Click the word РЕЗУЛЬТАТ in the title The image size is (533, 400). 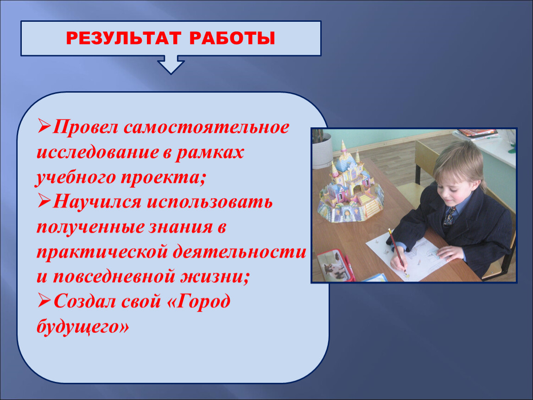coord(124,38)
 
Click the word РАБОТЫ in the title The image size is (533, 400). coord(232,38)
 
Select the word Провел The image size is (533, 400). coord(85,128)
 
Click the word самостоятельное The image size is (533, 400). coord(206,128)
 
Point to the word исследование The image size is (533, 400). coord(97,152)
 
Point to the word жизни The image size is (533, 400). coord(215,276)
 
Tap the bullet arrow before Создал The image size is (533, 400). coord(44,300)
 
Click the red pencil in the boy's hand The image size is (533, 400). coord(397,251)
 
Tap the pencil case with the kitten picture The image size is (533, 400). coord(334,266)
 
